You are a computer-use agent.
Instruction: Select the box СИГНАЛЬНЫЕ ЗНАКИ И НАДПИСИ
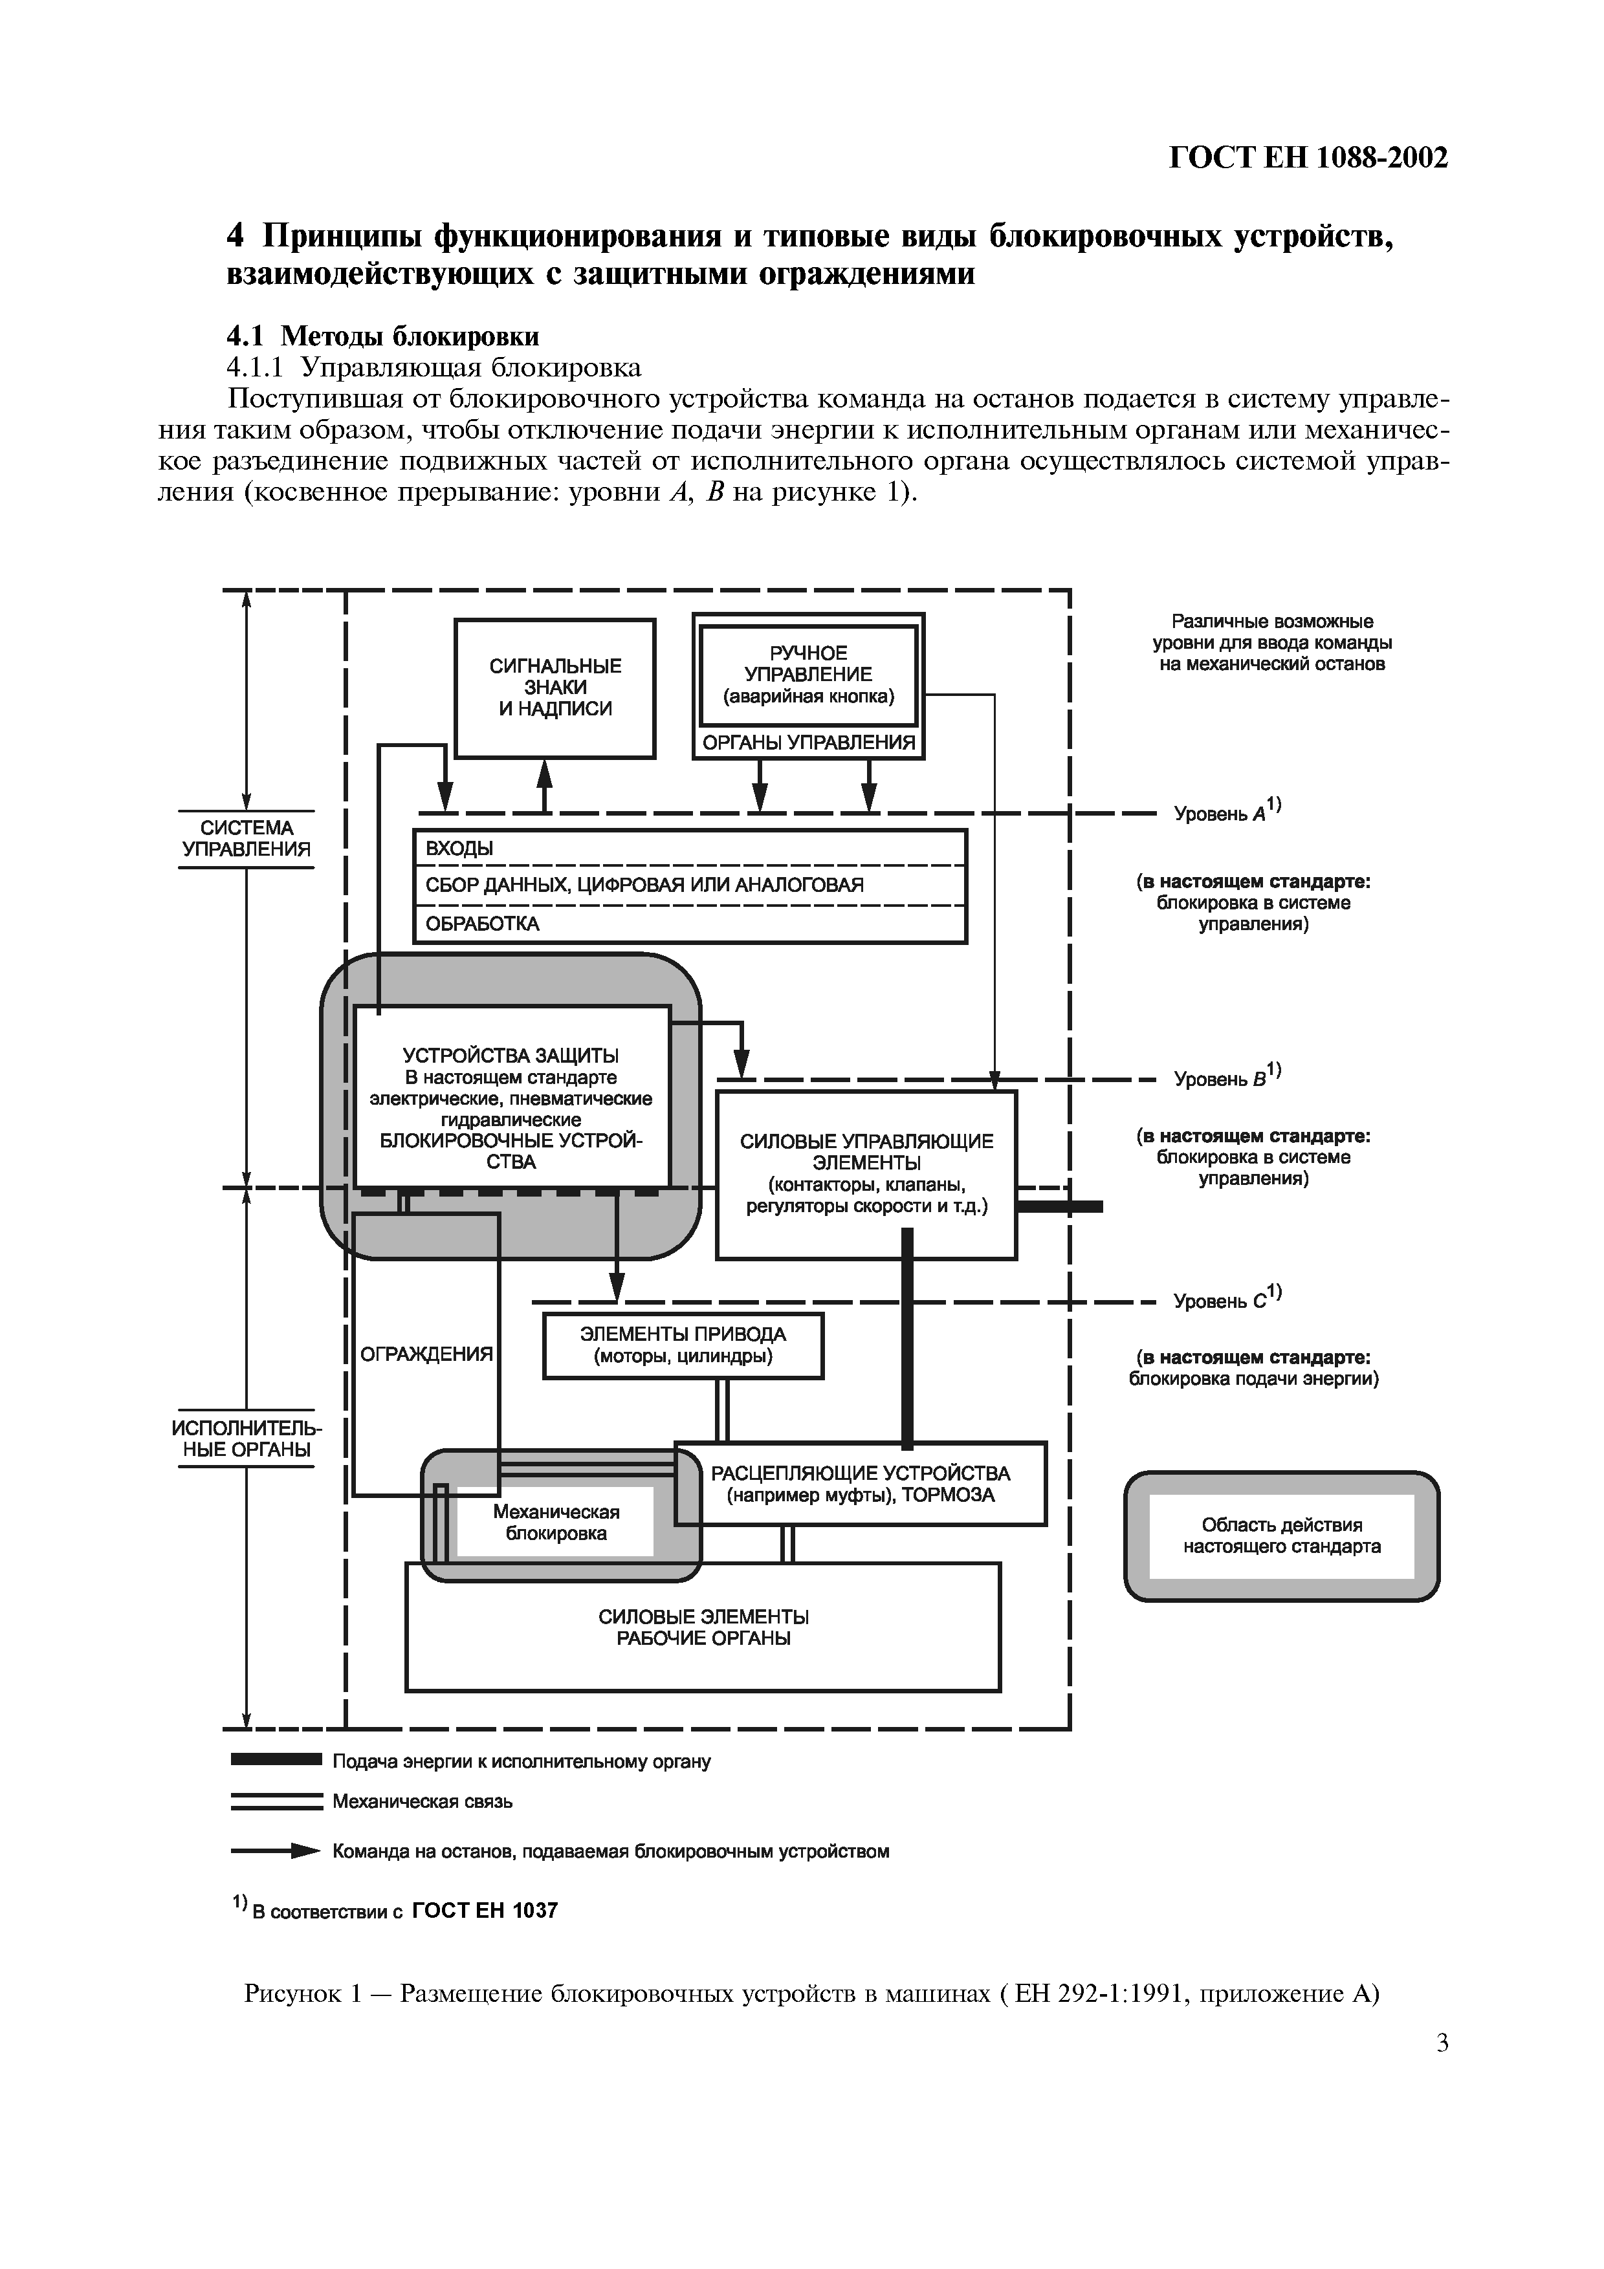[555, 688]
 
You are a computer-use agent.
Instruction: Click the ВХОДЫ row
[689, 848]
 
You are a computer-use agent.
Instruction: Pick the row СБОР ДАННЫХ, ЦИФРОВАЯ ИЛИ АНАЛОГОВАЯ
[689, 885]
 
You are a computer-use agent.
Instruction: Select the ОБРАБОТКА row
[689, 924]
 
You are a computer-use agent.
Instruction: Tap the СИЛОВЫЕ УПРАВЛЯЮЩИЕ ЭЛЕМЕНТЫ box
[866, 1173]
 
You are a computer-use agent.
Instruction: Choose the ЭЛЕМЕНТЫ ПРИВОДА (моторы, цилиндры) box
[683, 1345]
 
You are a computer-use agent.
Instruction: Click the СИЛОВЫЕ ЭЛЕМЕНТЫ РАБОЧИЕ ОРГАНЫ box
[703, 1627]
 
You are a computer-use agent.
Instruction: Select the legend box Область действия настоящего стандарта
[1281, 1536]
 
